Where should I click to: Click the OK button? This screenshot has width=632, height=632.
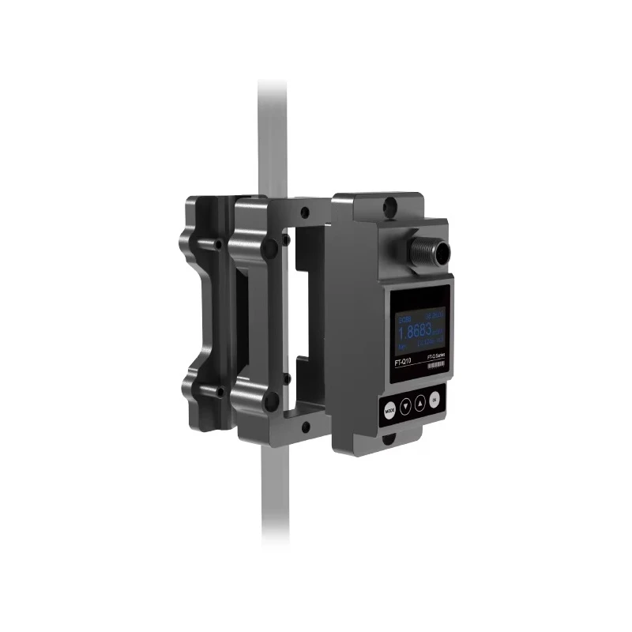pyautogui.click(x=435, y=400)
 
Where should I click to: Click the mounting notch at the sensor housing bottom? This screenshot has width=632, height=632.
pyautogui.click(x=389, y=436)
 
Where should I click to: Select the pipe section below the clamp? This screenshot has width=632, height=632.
pyautogui.click(x=272, y=506)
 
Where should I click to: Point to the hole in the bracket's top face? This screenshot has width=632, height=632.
pyautogui.click(x=304, y=212)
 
